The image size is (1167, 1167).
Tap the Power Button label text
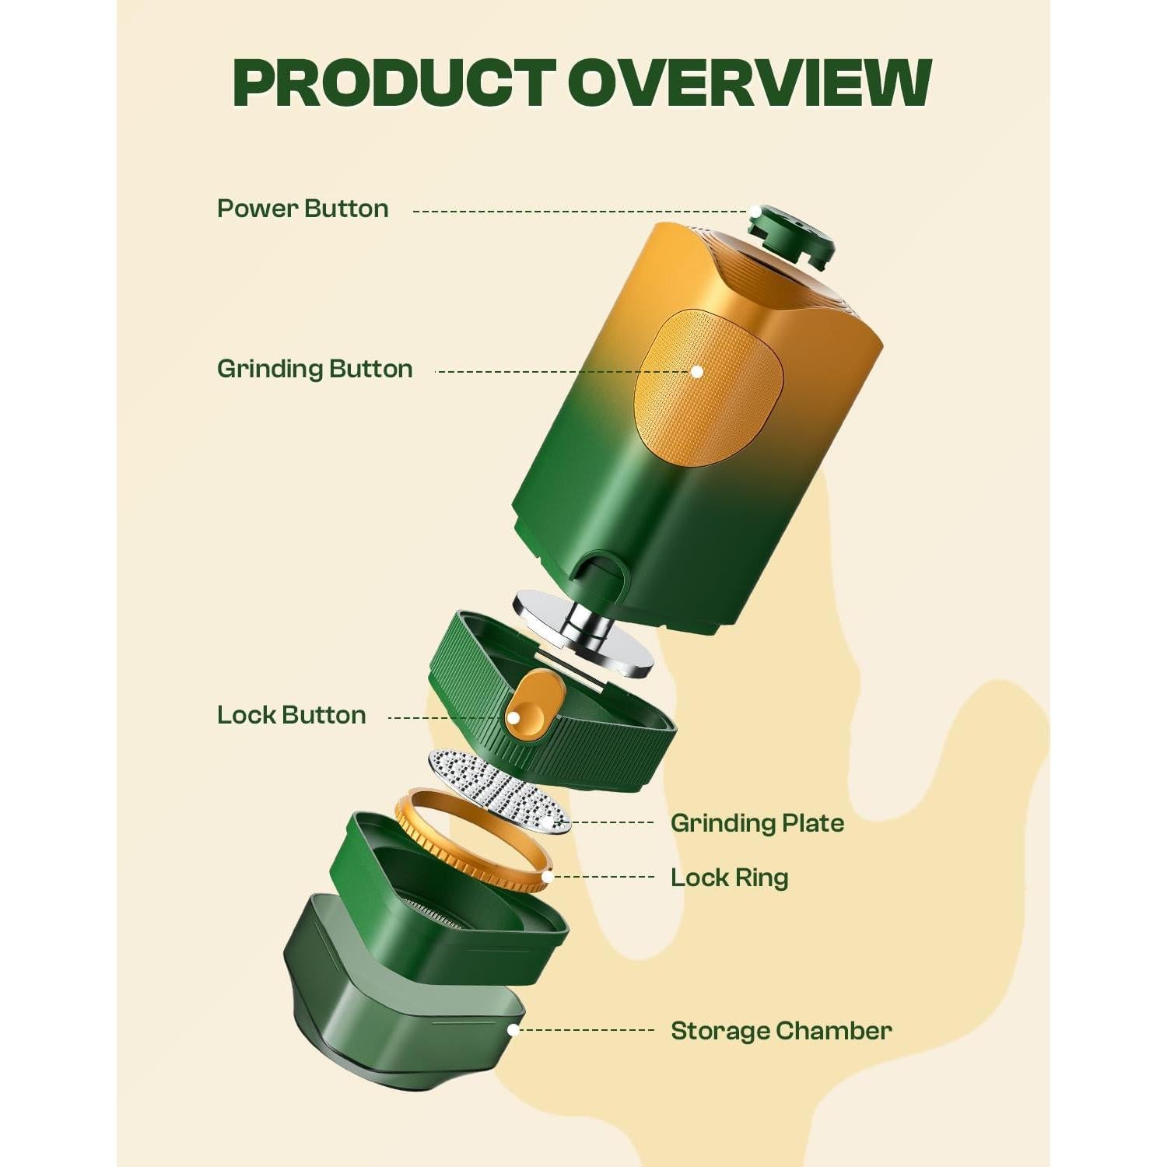(303, 209)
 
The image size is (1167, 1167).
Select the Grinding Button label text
(314, 369)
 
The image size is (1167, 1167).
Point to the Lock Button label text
(291, 715)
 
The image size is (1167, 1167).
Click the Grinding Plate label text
(757, 823)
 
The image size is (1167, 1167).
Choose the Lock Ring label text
(729, 878)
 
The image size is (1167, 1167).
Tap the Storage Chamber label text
(781, 1031)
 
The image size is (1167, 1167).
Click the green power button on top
(790, 233)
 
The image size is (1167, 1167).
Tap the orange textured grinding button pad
(708, 389)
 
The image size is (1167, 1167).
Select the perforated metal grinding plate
(498, 790)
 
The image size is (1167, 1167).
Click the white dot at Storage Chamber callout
(513, 1030)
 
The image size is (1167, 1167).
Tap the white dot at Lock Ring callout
(547, 877)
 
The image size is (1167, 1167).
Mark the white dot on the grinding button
(697, 372)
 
